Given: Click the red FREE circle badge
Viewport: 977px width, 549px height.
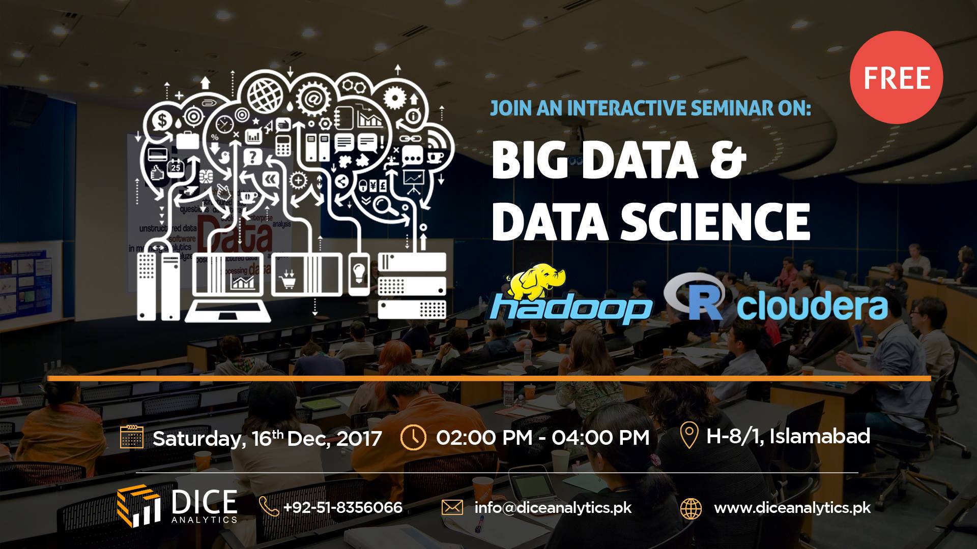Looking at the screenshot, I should pyautogui.click(x=896, y=78).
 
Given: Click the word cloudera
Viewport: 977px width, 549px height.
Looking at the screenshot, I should pyautogui.click(x=813, y=305).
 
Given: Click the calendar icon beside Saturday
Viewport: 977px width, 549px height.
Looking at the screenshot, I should pyautogui.click(x=131, y=437).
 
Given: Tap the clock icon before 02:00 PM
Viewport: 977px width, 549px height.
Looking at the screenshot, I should pyautogui.click(x=413, y=437).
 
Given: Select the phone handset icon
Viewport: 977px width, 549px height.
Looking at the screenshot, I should pyautogui.click(x=269, y=507).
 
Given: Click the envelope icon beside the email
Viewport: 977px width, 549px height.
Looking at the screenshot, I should pyautogui.click(x=452, y=507).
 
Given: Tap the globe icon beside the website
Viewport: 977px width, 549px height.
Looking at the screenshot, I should pyautogui.click(x=691, y=508).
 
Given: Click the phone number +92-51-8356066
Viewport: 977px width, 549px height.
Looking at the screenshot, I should pyautogui.click(x=342, y=507).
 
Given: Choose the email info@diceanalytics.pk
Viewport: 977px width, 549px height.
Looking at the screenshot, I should pyautogui.click(x=553, y=507).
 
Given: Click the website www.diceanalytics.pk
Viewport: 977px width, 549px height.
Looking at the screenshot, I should pyautogui.click(x=792, y=507).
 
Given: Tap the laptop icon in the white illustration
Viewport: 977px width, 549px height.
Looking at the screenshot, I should pyautogui.click(x=229, y=287).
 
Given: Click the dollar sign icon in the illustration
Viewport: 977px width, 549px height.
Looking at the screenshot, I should pyautogui.click(x=162, y=121).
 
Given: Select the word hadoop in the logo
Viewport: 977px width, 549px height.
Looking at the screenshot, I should pyautogui.click(x=569, y=308).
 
